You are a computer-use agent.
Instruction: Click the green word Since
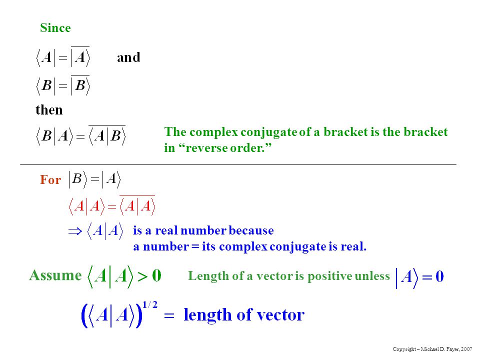point(55,28)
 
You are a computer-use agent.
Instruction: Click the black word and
point(128,57)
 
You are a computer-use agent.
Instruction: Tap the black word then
point(49,109)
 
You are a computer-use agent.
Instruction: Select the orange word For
point(50,179)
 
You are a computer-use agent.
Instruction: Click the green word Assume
point(55,275)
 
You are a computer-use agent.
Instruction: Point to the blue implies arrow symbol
point(75,231)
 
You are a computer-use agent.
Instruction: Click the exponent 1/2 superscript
point(150,304)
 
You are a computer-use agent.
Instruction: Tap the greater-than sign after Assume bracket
point(142,276)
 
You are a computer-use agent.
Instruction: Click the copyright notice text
point(432,349)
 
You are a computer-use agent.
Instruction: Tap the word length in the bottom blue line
point(207,315)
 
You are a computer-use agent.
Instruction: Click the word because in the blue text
point(251,230)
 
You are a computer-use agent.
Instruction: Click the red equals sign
point(112,207)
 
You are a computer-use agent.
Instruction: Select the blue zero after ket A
point(439,276)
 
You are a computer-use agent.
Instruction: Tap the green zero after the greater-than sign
point(156,275)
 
